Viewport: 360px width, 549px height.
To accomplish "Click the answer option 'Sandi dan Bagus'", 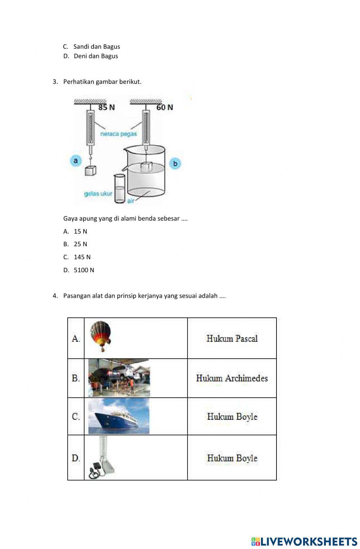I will click(96, 46).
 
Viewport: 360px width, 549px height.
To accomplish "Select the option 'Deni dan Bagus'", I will click(95, 56).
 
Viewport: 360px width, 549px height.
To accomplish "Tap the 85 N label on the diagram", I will click(107, 107).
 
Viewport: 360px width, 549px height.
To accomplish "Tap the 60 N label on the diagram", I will click(165, 107).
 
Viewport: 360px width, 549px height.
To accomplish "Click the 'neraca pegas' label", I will click(118, 134).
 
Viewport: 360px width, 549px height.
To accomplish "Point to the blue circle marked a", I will click(76, 161).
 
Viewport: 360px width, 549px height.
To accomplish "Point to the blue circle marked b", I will click(175, 163).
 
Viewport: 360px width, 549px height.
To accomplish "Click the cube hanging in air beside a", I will click(91, 170).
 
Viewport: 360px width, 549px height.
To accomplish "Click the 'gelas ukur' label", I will click(98, 194).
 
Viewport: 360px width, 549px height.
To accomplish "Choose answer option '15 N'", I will click(80, 231).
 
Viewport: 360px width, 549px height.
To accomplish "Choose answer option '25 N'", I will click(80, 244).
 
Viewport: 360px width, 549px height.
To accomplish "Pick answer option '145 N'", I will click(82, 257).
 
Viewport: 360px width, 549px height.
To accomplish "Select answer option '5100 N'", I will click(84, 270).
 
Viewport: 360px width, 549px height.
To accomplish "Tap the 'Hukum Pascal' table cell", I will click(232, 338).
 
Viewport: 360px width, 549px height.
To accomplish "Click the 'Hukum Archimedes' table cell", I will click(232, 378).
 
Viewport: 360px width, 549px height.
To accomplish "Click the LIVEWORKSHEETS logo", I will click(304, 541).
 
